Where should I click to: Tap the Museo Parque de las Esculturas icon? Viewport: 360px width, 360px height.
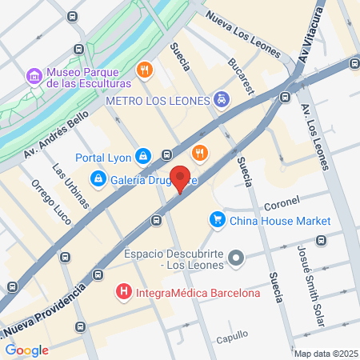(x=34, y=76)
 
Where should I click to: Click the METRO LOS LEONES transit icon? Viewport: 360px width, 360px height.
(x=222, y=100)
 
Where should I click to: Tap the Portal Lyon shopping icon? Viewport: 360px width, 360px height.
(x=142, y=155)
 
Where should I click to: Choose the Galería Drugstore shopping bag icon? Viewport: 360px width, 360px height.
(x=98, y=178)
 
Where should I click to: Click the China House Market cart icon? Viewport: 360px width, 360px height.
(x=217, y=219)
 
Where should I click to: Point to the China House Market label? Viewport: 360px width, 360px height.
(x=280, y=220)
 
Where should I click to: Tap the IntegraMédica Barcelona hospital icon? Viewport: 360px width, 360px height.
(x=123, y=293)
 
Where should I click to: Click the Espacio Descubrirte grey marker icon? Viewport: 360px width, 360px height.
(x=235, y=258)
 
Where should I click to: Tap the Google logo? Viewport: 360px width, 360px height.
(x=26, y=350)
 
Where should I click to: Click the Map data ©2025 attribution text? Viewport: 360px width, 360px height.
(x=323, y=354)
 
